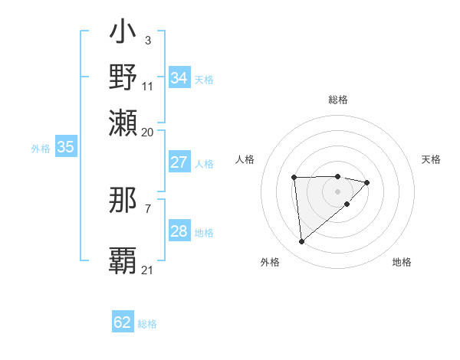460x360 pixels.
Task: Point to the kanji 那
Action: (123, 200)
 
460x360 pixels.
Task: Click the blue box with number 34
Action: (179, 78)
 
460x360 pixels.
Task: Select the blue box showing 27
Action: (179, 162)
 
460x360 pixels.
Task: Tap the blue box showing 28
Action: (179, 231)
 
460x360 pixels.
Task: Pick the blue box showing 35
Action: (65, 148)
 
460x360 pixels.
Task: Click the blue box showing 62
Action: (123, 322)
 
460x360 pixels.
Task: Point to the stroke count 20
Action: (148, 132)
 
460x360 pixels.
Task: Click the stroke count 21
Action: (148, 270)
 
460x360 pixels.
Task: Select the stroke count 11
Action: (148, 86)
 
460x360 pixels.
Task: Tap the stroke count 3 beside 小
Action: (147, 40)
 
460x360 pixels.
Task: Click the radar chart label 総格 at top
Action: (337, 100)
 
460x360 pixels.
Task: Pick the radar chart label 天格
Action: (431, 159)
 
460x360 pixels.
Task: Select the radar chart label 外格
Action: (270, 262)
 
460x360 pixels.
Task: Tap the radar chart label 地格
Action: (402, 262)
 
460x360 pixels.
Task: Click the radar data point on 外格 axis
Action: (302, 242)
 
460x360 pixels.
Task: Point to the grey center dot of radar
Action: (337, 191)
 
